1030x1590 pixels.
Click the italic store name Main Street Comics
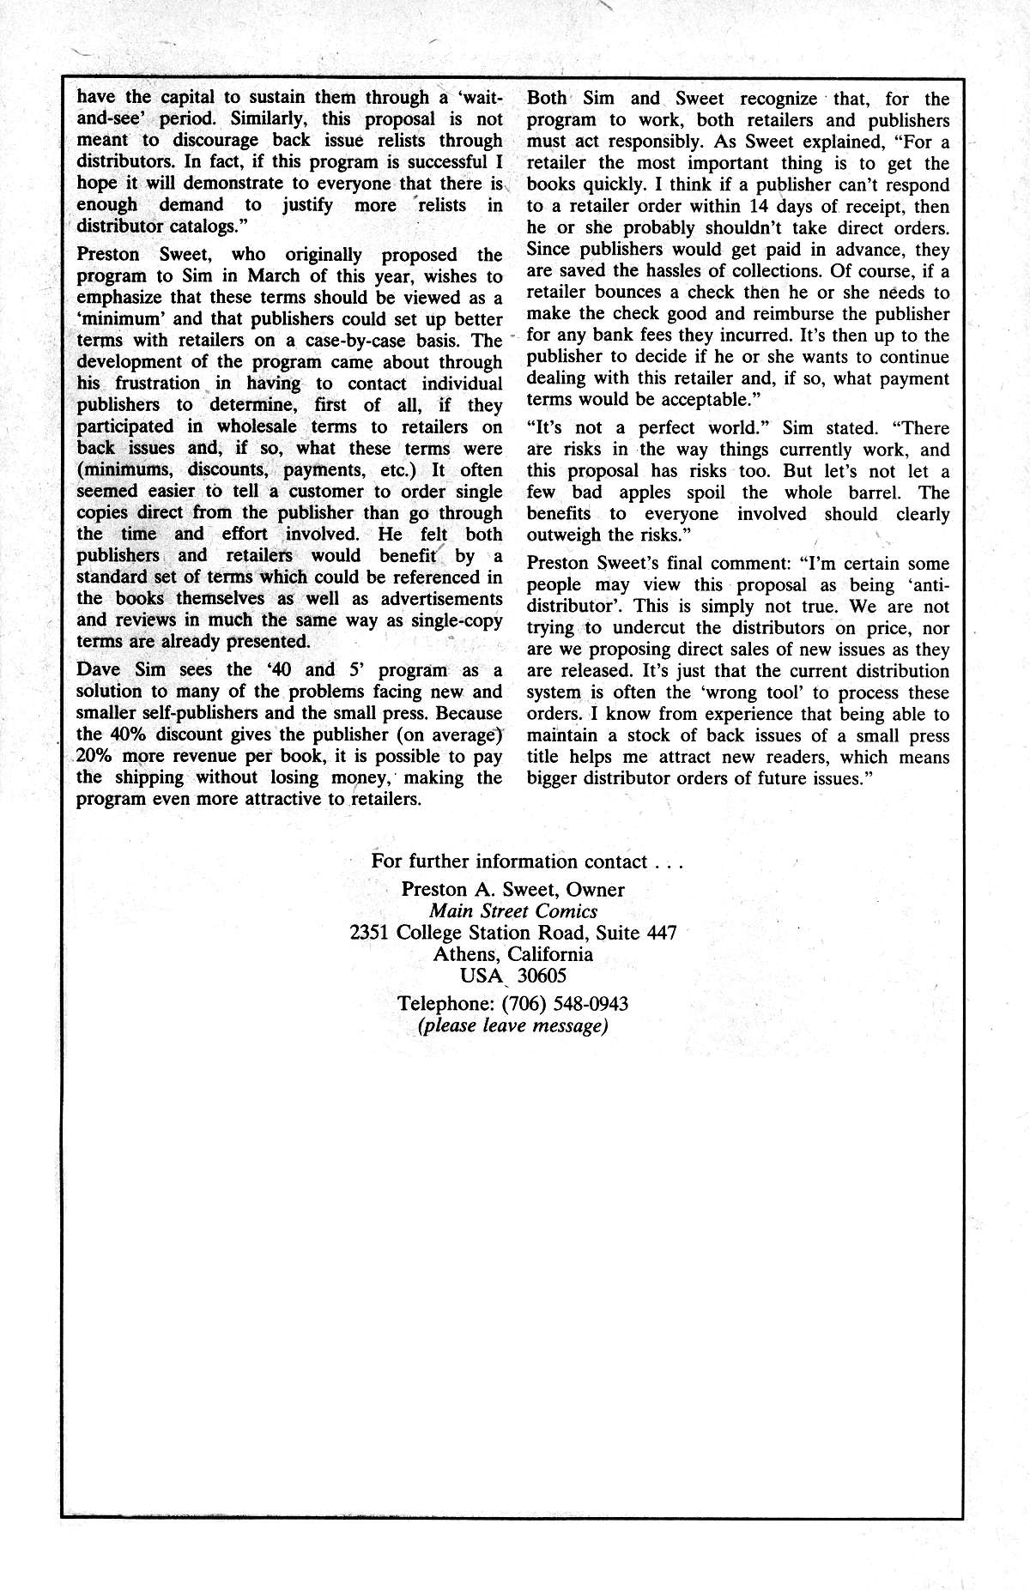513,910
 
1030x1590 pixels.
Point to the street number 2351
371,932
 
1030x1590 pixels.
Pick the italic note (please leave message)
512,1025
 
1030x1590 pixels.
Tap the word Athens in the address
466,954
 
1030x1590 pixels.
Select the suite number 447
658,932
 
